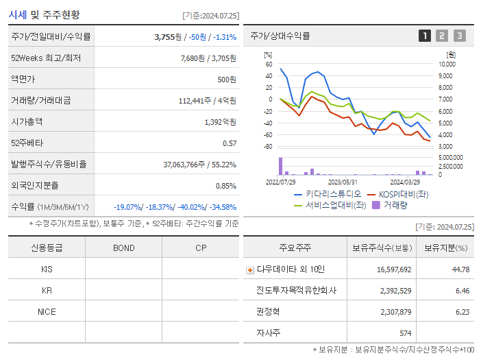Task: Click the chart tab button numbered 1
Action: click(425, 36)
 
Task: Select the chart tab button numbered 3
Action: click(459, 36)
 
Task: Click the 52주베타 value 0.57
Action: click(229, 143)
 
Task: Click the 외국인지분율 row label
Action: click(35, 185)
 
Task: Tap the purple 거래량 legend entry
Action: click(388, 204)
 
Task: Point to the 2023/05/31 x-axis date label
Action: click(343, 182)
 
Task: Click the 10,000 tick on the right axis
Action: click(446, 64)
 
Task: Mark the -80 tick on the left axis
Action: click(268, 147)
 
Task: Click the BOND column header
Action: click(123, 248)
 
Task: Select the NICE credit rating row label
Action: click(47, 311)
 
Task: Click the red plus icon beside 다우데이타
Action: click(250, 270)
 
